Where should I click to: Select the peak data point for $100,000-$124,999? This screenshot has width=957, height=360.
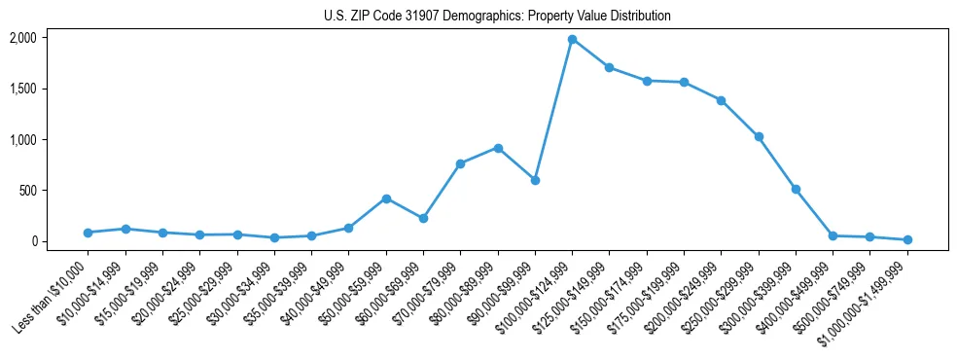click(572, 39)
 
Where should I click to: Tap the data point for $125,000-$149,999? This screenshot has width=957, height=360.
click(609, 67)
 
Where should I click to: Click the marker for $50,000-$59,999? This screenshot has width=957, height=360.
click(386, 198)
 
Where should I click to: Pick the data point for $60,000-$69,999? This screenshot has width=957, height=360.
click(423, 218)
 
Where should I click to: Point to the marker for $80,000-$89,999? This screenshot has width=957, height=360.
click(498, 148)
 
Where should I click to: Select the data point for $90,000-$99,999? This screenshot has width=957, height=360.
click(535, 180)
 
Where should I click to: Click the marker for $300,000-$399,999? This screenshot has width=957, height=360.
click(796, 189)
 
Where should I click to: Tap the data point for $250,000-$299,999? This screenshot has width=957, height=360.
click(759, 136)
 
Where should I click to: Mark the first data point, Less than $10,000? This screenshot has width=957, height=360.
click(88, 233)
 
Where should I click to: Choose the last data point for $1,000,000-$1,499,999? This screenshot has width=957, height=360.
click(907, 239)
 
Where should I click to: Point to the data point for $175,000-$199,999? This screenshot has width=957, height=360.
click(684, 82)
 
